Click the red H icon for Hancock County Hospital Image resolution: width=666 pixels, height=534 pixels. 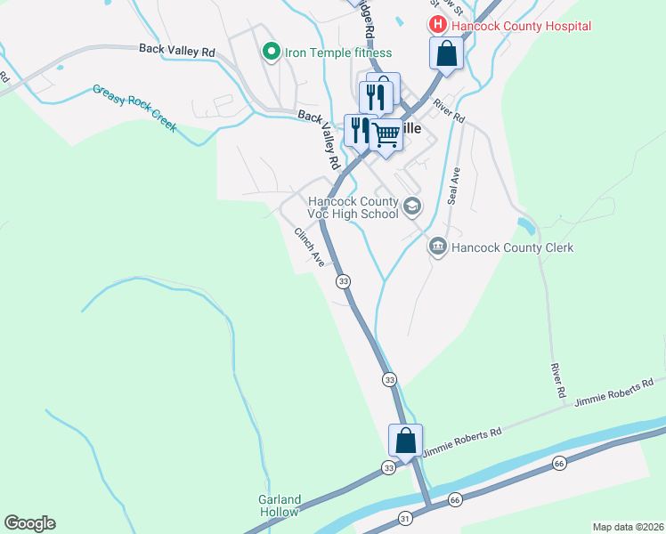438,26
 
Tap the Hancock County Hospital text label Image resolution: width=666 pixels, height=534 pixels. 521,26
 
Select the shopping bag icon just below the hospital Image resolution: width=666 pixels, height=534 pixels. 446,53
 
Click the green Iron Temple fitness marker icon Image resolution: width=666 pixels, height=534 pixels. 272,53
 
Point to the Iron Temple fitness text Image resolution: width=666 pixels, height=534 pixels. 337,53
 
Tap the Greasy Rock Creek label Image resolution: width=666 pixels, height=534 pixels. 134,109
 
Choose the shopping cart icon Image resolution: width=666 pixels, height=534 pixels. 386,135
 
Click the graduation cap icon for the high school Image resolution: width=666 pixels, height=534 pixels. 411,206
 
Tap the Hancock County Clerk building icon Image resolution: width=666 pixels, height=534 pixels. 437,247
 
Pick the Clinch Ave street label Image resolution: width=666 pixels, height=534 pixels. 310,247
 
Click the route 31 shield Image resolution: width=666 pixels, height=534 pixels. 405,518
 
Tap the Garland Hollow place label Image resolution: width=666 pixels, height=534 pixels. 280,506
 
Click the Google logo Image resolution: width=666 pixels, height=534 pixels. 29,523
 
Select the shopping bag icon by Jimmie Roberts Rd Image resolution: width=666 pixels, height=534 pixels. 405,441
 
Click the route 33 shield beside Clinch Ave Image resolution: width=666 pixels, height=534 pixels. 343,281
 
